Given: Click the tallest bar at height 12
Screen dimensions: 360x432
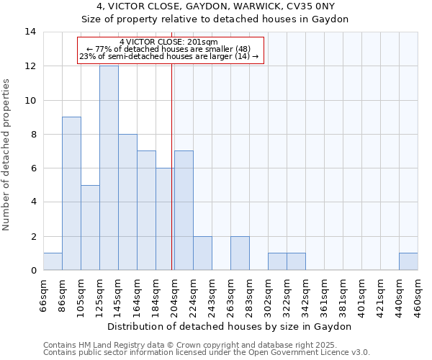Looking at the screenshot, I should [x=109, y=168].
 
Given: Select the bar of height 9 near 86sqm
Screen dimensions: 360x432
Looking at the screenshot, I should [x=71, y=193].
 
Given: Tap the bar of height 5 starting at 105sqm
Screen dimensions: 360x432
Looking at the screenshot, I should [x=90, y=228].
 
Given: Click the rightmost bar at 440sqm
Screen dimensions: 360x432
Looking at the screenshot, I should [x=408, y=261].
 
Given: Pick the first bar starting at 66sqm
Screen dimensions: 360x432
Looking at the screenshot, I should [x=53, y=261].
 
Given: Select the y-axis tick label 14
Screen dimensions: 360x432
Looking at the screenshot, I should [x=30, y=32].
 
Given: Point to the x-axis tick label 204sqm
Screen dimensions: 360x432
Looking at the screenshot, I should [x=174, y=294].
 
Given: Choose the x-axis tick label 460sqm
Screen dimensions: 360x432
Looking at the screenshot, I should [x=418, y=294].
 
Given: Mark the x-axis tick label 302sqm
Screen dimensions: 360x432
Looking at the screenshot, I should [x=268, y=294].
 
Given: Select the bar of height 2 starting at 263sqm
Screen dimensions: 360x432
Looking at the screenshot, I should [x=240, y=253].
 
